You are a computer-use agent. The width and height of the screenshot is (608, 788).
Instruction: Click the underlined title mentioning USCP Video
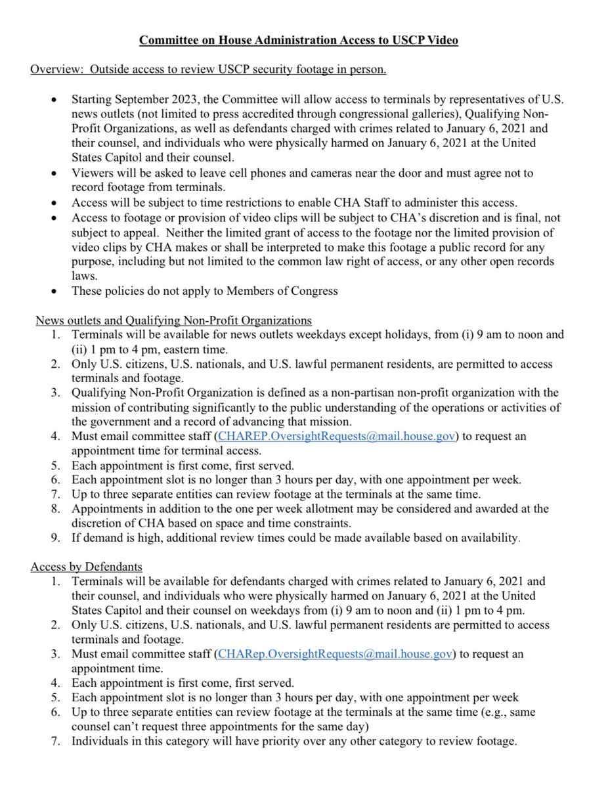[x=298, y=41]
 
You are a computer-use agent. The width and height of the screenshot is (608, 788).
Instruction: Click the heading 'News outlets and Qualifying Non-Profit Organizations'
[x=174, y=320]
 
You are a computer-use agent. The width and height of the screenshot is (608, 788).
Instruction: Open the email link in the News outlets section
[x=335, y=435]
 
